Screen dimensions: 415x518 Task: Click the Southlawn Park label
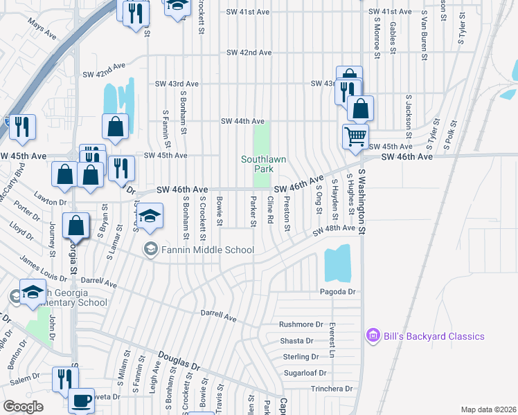(262, 164)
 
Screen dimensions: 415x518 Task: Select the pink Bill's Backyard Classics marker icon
(373, 335)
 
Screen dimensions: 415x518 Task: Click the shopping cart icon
(355, 136)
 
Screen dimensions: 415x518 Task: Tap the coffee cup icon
(81, 400)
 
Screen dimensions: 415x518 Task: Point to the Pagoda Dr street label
(337, 292)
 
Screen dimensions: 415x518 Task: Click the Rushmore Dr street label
(301, 324)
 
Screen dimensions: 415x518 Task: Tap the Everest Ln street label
(332, 340)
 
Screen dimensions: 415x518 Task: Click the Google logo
(23, 407)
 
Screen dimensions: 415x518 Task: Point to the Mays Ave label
(42, 28)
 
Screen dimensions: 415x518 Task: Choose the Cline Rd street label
(270, 210)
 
